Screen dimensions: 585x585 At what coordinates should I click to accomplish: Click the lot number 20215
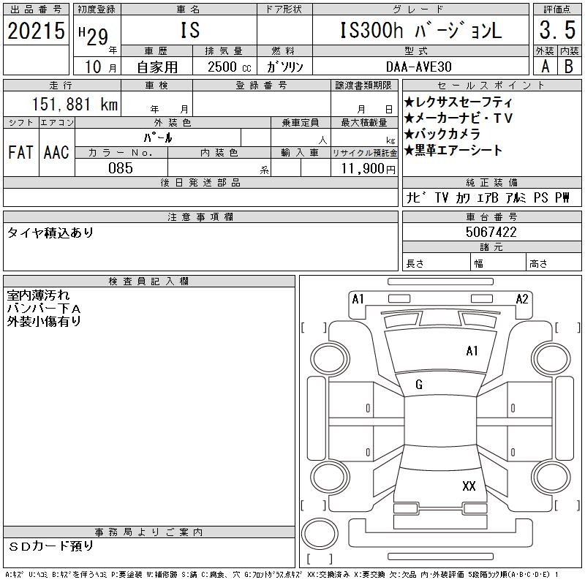36,30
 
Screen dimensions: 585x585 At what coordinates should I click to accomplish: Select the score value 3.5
556,31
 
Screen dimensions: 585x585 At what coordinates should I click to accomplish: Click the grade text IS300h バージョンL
421,31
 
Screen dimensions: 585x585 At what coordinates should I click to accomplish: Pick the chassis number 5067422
491,232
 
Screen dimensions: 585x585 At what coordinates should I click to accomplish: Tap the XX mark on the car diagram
469,486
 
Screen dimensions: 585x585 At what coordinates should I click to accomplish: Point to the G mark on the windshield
419,385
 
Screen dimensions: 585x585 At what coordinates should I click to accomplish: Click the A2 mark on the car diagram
522,298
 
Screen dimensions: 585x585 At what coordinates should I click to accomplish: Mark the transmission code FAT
20,152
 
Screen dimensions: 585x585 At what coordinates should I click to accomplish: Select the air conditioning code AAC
56,152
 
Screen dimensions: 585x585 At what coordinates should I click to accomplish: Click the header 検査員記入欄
149,282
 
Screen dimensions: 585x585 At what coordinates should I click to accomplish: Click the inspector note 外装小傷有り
44,320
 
